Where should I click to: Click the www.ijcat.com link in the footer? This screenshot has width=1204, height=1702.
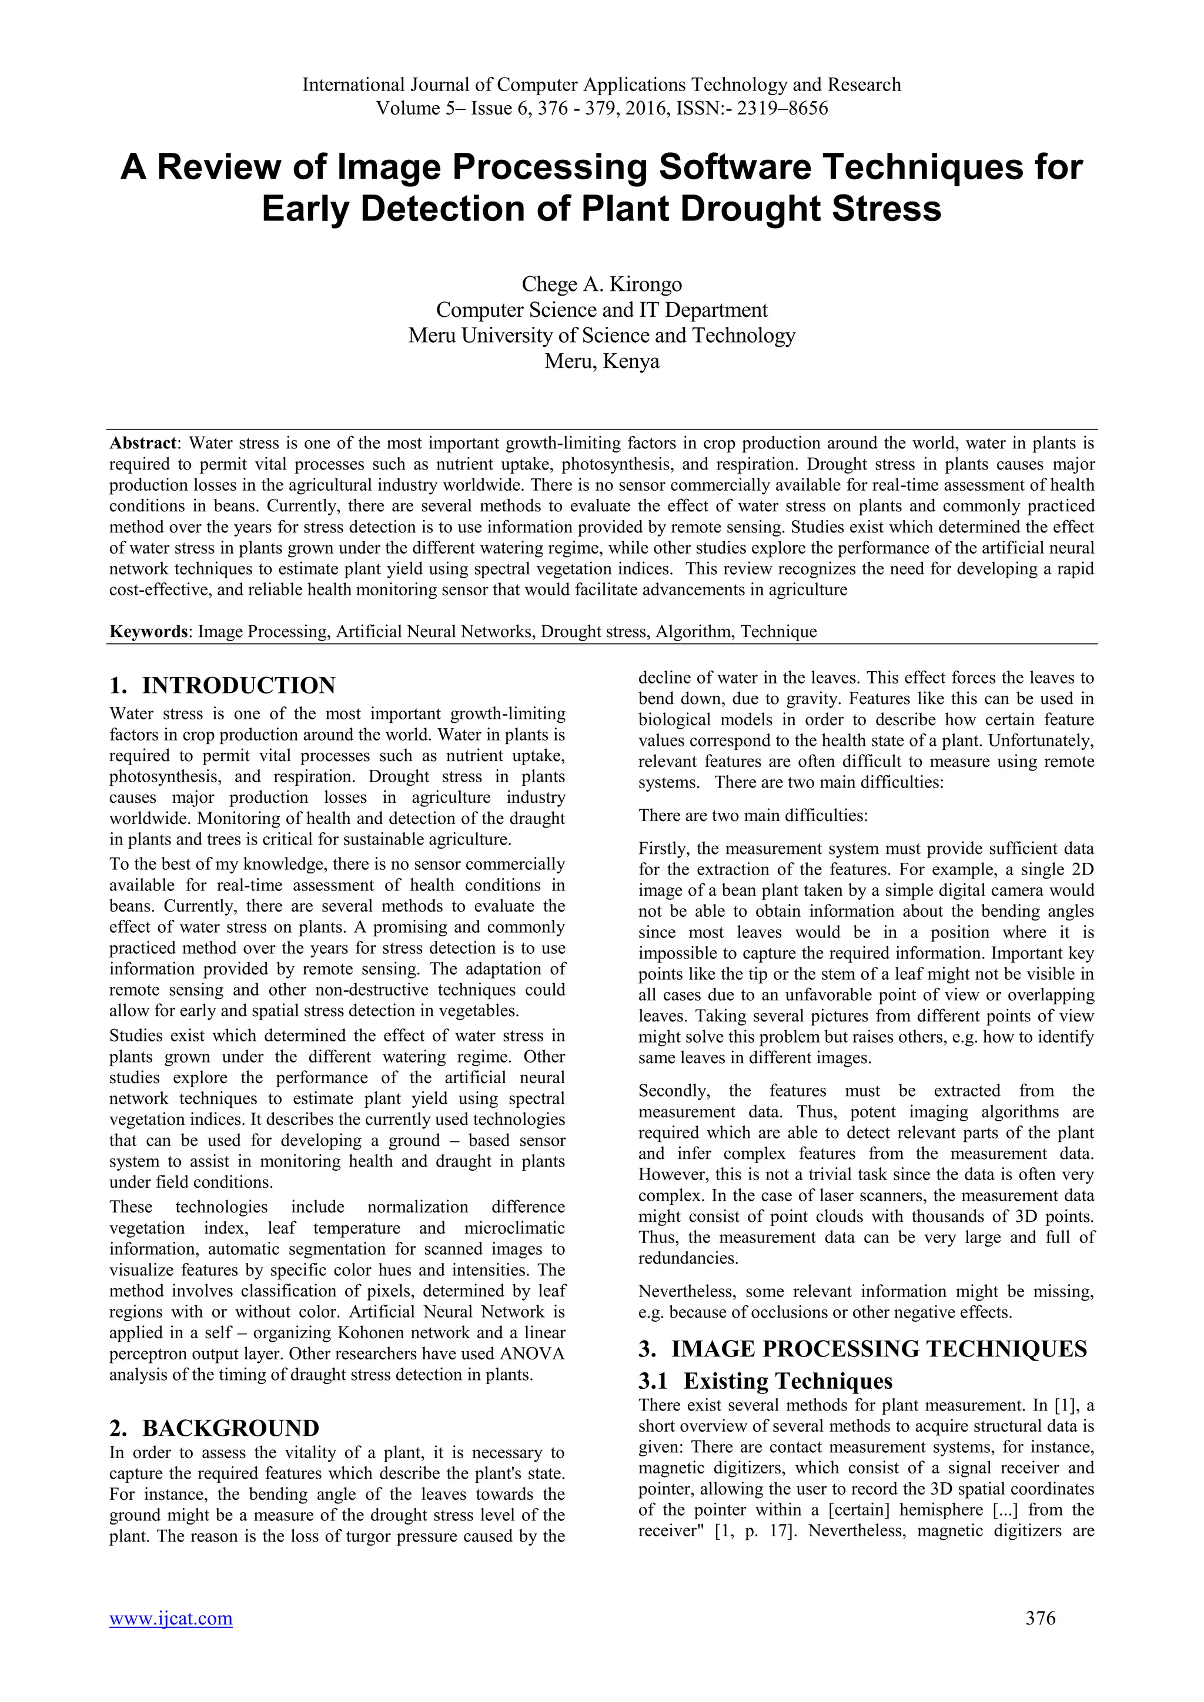170,1639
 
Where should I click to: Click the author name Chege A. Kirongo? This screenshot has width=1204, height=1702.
601,284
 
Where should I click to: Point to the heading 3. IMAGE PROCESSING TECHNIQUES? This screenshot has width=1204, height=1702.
862,1348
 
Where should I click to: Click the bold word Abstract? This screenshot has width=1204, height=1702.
143,443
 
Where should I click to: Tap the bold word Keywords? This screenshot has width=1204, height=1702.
148,632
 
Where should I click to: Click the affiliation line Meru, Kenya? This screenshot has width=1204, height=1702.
601,362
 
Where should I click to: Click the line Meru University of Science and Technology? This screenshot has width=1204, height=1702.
601,336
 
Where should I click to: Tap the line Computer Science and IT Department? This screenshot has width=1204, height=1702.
601,310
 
